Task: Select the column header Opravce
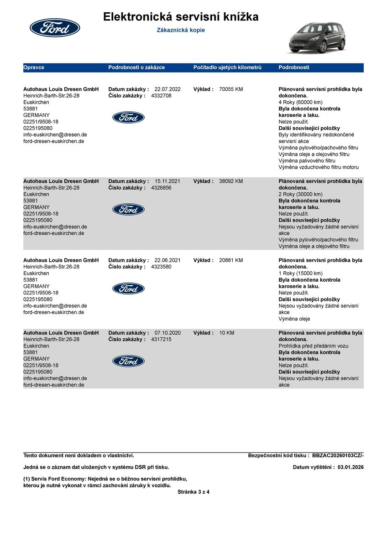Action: [34, 67]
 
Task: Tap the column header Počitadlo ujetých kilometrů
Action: [227, 67]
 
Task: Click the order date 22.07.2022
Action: [167, 89]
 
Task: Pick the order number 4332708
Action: [161, 96]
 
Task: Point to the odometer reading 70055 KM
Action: [231, 89]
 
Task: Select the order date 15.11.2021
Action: [167, 181]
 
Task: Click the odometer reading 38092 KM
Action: [231, 181]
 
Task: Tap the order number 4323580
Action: [161, 267]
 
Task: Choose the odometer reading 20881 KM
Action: [231, 260]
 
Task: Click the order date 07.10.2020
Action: [167, 333]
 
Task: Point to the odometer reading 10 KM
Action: [226, 333]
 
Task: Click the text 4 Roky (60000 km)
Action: [300, 103]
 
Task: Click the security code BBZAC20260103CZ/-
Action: [338, 455]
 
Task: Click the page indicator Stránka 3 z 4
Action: [193, 492]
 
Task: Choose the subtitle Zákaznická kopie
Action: [181, 30]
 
